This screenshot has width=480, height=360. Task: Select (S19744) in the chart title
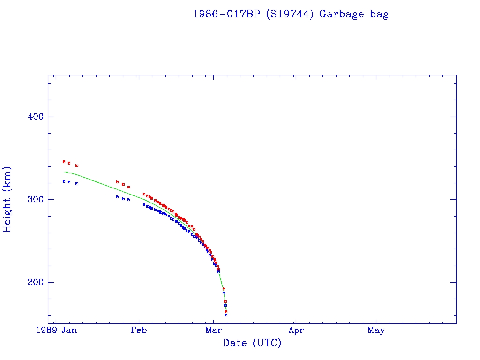pyautogui.click(x=290, y=14)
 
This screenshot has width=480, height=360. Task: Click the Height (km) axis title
pyautogui.click(x=7, y=199)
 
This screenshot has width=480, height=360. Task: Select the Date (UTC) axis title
pyautogui.click(x=252, y=343)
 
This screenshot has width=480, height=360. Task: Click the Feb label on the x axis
pyautogui.click(x=138, y=330)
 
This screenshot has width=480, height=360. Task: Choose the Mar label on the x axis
pyautogui.click(x=213, y=330)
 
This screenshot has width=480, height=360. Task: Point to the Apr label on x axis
pyautogui.click(x=296, y=330)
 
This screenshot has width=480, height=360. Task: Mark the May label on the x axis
pyautogui.click(x=376, y=330)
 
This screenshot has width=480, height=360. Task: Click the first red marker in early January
pyautogui.click(x=64, y=162)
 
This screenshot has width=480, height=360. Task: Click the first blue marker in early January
pyautogui.click(x=64, y=181)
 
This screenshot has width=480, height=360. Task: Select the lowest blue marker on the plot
pyautogui.click(x=226, y=315)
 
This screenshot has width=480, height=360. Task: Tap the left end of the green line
pyautogui.click(x=64, y=172)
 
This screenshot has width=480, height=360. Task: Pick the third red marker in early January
pyautogui.click(x=77, y=165)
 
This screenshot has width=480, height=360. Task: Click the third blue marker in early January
pyautogui.click(x=77, y=184)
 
